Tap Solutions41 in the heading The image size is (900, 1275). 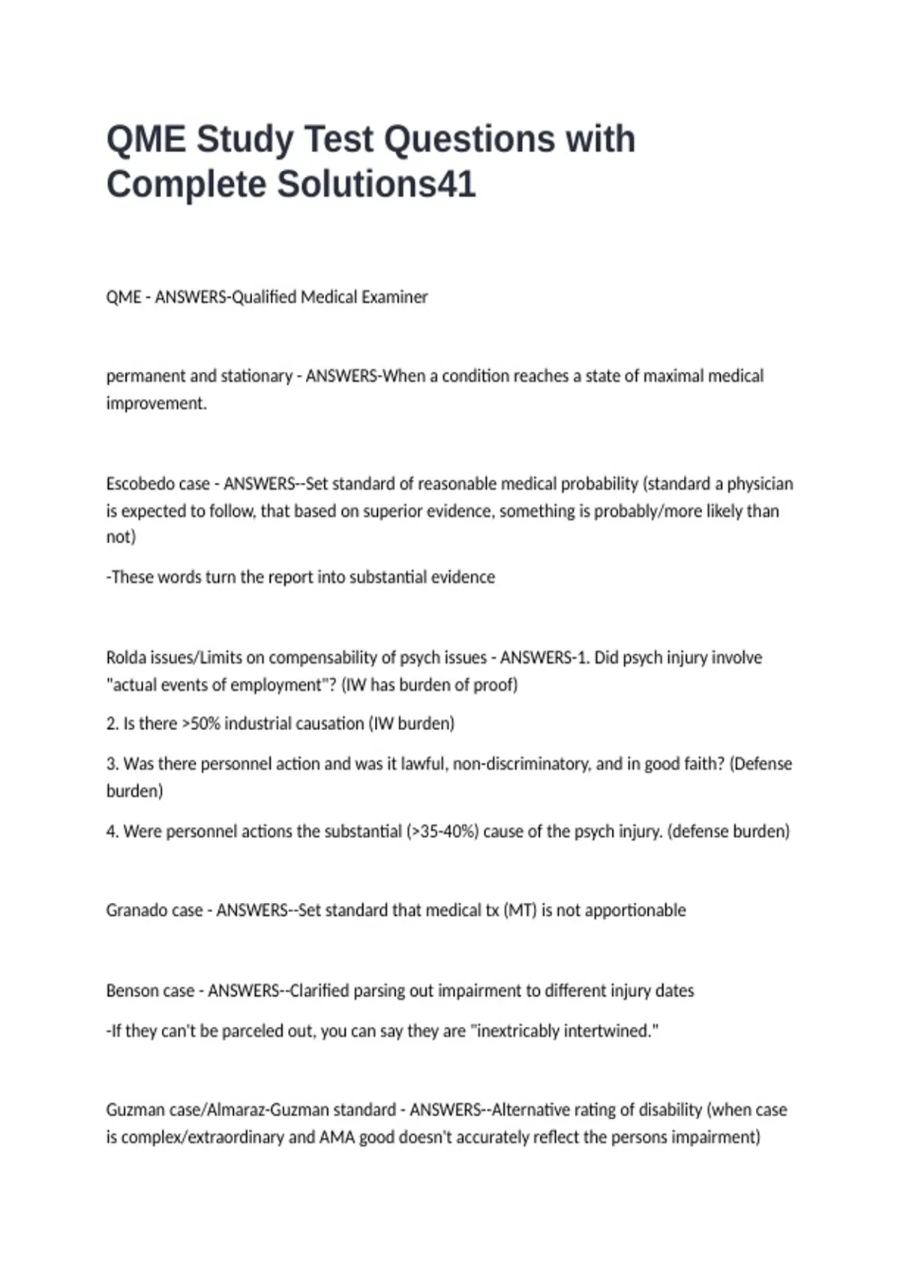coord(376,185)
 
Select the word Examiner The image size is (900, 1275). coord(394,297)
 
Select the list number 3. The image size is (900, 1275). coord(112,764)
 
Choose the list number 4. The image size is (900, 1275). coord(112,832)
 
